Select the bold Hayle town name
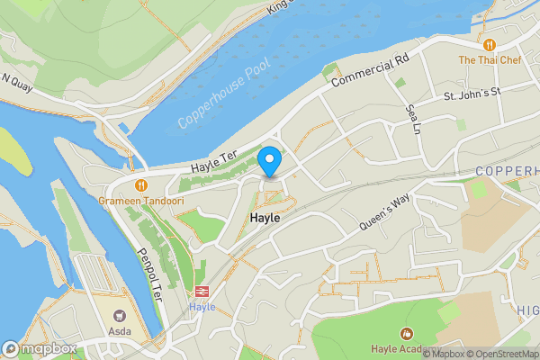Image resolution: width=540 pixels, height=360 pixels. coord(265,219)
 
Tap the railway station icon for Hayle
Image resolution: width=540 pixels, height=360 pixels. coord(202,292)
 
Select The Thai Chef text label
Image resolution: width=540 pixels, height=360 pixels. coord(490,59)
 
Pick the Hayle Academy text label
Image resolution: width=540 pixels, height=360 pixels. coord(406,349)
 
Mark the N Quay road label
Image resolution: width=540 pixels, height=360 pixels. coord(19,80)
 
